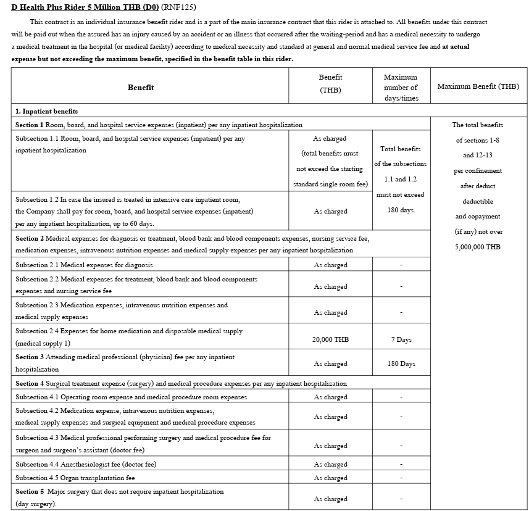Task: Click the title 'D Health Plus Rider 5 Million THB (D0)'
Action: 84,8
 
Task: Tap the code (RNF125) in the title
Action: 180,8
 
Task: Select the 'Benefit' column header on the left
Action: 141,88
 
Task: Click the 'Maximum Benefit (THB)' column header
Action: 478,86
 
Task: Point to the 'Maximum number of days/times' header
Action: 401,88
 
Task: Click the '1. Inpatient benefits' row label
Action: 46,111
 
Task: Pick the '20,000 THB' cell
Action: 330,340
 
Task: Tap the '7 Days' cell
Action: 401,340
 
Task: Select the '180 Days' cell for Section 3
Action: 401,364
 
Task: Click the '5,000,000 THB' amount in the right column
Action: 478,247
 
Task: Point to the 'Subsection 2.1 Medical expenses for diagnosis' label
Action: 83,265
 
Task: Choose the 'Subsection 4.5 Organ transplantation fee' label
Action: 75,478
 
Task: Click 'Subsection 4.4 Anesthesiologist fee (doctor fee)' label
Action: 86,464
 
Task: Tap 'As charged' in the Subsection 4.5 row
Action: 330,478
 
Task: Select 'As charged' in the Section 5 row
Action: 330,499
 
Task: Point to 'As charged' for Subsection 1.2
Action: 330,212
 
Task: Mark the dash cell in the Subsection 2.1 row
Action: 401,265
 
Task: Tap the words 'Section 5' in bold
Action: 30,491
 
